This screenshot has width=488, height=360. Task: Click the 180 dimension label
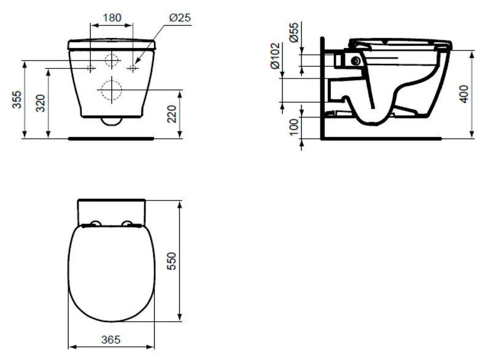point(112,18)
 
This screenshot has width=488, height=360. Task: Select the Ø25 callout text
point(180,18)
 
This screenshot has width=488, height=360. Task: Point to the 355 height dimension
point(17,100)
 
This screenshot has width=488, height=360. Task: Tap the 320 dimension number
point(41,103)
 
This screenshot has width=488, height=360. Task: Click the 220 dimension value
point(171,114)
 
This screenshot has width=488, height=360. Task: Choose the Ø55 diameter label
point(293,33)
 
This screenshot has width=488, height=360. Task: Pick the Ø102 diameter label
point(275,56)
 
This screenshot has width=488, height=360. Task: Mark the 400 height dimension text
point(463,94)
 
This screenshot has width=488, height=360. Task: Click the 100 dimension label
point(293,127)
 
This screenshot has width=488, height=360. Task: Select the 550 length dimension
point(171,261)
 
